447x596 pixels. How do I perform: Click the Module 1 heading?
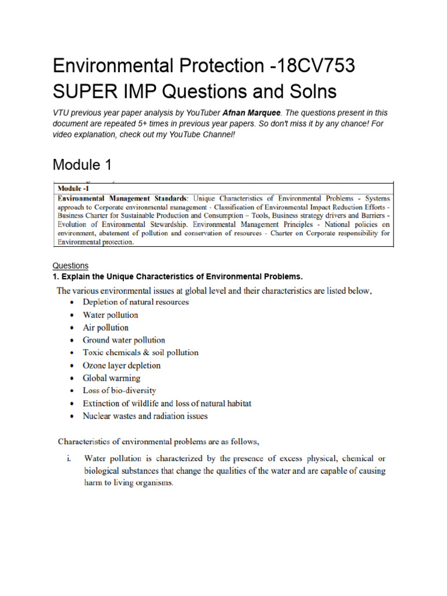click(x=82, y=165)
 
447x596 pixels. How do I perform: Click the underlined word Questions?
click(x=70, y=265)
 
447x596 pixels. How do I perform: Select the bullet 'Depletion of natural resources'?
click(x=136, y=302)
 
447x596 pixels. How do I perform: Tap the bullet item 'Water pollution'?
click(x=111, y=315)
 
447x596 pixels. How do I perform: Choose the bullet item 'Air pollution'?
click(x=105, y=328)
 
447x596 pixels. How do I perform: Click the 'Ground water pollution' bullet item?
click(x=124, y=340)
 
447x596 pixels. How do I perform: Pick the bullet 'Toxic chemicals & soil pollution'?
click(x=140, y=353)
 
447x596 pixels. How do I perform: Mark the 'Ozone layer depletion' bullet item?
click(x=122, y=366)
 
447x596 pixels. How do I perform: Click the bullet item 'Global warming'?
click(x=111, y=378)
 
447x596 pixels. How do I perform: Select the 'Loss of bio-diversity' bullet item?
click(x=119, y=391)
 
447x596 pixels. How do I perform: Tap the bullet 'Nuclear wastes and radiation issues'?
click(x=145, y=416)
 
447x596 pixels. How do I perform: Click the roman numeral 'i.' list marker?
click(x=69, y=459)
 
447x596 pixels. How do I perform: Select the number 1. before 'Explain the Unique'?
click(x=56, y=275)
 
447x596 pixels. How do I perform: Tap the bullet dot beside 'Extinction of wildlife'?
click(x=70, y=404)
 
